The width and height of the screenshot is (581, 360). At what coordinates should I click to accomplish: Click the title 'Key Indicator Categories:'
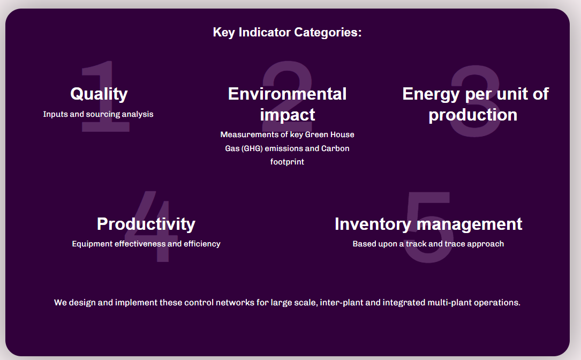coord(287,32)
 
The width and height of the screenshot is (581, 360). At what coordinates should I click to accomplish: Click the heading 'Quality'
coord(99,94)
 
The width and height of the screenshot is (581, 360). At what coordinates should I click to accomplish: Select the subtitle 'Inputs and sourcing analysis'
coord(98,114)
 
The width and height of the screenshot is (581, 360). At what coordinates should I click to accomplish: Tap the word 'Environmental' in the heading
coord(287,94)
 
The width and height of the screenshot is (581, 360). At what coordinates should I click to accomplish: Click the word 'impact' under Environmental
coord(287,115)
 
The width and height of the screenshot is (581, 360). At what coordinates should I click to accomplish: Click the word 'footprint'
coord(287,162)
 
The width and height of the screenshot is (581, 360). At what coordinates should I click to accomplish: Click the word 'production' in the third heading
coord(473,115)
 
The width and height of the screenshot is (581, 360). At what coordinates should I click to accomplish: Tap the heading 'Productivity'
coord(146,223)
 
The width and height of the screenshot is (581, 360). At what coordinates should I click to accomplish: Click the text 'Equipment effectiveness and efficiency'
coord(146,244)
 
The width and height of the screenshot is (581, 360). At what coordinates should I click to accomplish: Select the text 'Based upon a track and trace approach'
coord(428,244)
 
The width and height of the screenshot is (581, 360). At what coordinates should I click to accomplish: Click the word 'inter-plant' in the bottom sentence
coord(343,303)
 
